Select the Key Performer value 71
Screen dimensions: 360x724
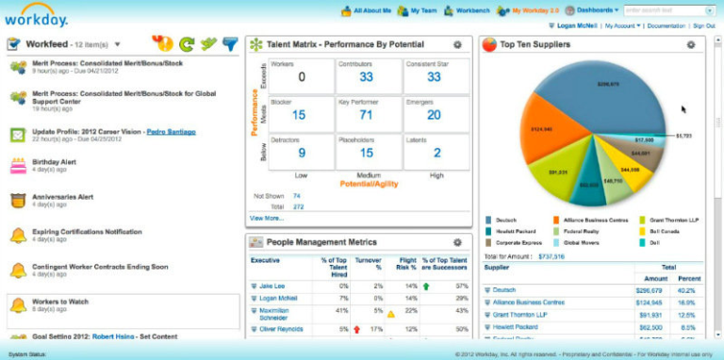point(367,115)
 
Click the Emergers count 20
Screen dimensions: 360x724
point(434,115)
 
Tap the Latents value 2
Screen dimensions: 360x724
point(436,153)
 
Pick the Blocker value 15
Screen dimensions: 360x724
point(299,115)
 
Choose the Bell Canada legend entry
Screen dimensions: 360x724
point(665,231)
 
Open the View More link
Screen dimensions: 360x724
point(266,218)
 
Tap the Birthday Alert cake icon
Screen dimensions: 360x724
point(17,167)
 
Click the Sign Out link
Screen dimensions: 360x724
point(704,25)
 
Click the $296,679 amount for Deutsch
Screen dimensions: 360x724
point(650,290)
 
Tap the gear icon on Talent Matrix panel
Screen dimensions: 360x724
point(457,44)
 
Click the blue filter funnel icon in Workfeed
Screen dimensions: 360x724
point(230,43)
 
